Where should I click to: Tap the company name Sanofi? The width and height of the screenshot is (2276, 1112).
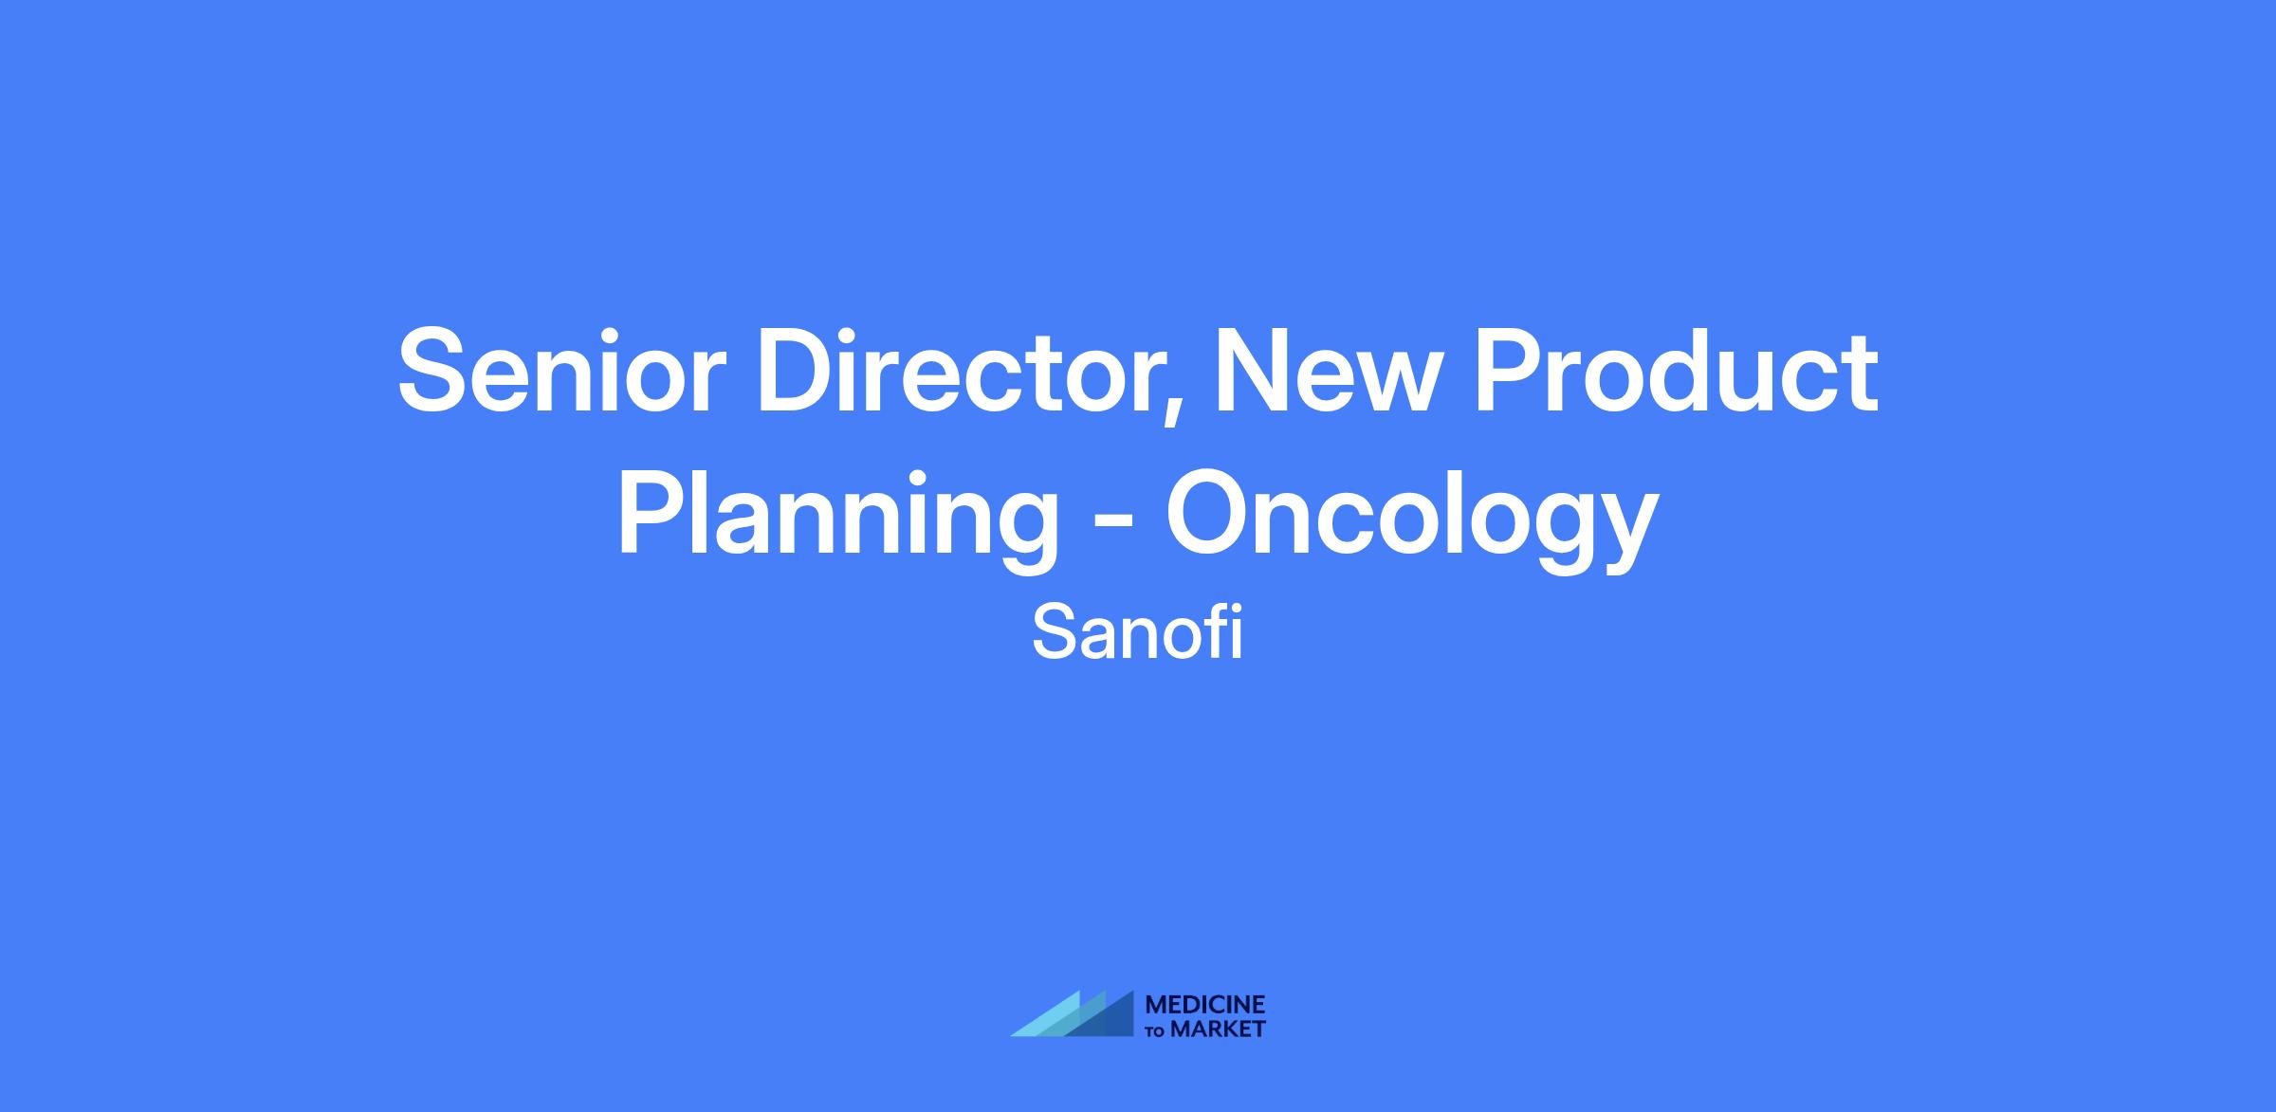[x=1137, y=634]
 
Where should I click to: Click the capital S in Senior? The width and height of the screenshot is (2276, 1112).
[x=434, y=371]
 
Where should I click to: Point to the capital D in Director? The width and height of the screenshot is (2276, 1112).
[x=797, y=371]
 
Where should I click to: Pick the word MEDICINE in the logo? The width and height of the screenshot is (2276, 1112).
[x=1205, y=1005]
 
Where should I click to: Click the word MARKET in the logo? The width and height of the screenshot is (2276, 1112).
[x=1218, y=1029]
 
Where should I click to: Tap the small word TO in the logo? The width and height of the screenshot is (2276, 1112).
[x=1156, y=1030]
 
